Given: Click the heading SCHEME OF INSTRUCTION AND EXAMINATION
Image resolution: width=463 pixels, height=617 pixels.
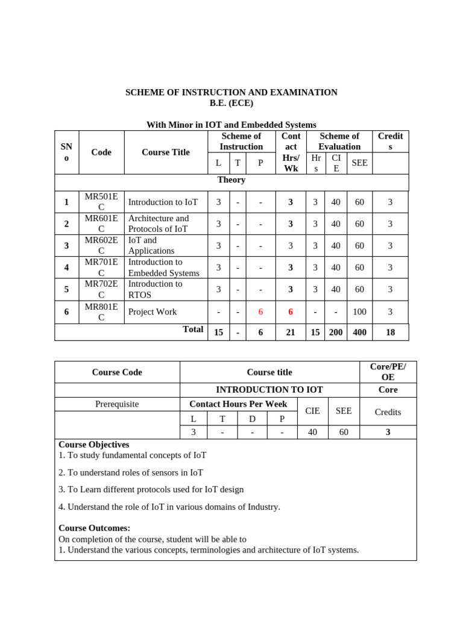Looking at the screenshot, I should (x=231, y=92).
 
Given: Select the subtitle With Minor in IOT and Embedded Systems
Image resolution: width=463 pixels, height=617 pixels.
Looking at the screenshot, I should (x=231, y=125).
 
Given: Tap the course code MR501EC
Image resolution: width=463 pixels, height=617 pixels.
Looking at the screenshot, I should (x=101, y=202).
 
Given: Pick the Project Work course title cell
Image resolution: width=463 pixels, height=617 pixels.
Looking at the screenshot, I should (x=153, y=312).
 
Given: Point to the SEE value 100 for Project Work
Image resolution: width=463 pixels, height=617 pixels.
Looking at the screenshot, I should (x=359, y=312).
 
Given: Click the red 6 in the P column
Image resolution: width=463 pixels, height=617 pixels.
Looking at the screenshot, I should (x=260, y=312).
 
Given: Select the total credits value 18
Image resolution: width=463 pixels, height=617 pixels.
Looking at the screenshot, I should (x=390, y=332).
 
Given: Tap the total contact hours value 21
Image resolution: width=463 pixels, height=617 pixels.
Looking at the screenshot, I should (x=291, y=332).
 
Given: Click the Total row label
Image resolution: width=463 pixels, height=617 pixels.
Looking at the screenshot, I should (x=193, y=330).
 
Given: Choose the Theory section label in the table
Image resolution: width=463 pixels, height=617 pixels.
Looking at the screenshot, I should (x=231, y=180).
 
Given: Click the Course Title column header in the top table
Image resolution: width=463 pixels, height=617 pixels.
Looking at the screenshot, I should (x=165, y=152).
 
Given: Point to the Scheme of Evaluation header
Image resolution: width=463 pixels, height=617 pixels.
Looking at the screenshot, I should (x=339, y=141).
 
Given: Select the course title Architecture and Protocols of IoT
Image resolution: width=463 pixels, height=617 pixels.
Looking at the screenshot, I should (x=159, y=224).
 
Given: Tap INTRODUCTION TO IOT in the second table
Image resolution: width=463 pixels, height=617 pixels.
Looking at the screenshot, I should (x=269, y=390).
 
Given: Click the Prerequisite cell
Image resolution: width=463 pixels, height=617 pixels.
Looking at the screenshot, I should (x=117, y=404).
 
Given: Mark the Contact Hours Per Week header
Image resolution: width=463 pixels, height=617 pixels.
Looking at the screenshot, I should (x=238, y=404).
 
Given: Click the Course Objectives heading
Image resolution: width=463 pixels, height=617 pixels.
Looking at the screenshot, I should (x=93, y=445).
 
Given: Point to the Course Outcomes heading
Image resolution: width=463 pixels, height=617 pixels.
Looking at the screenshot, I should (x=94, y=528).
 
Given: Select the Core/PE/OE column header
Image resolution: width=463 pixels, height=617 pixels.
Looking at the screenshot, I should (x=388, y=372).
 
